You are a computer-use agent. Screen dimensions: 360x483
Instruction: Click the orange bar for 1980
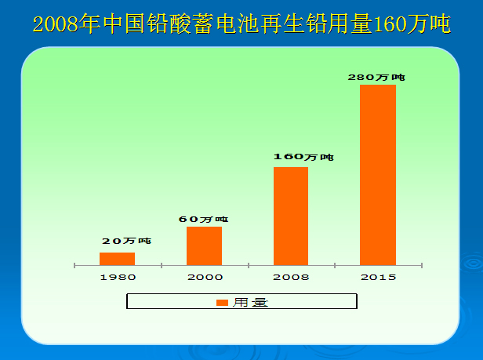coord(117,259)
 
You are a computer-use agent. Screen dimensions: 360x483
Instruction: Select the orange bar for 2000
coord(204,245)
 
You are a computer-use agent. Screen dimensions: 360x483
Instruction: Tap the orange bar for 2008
coord(290,216)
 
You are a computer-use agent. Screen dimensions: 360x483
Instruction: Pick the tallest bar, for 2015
coord(377,174)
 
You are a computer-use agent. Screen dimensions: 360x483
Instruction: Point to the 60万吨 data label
coord(203,219)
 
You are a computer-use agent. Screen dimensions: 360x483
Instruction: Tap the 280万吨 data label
coord(376,77)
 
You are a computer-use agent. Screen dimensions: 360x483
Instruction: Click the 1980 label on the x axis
coord(118,277)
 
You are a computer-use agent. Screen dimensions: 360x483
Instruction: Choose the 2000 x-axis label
coord(204,277)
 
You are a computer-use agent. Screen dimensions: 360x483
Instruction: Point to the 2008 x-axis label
coord(291,277)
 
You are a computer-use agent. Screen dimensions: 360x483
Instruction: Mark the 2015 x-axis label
coord(377,277)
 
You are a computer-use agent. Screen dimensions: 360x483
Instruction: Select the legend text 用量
coord(250,302)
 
